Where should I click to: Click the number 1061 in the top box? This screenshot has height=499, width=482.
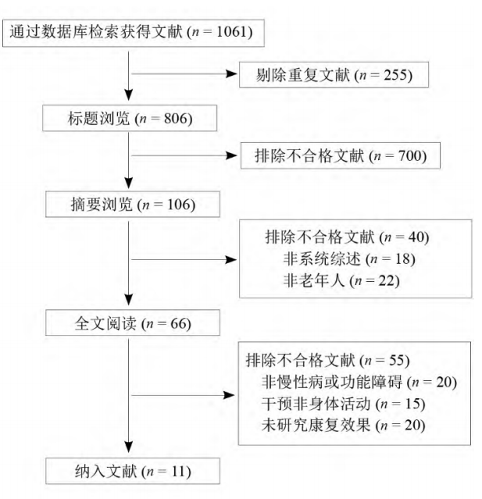click(232, 32)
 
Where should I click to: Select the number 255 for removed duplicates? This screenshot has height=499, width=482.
click(395, 75)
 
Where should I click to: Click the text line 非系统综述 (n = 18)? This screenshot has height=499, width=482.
click(349, 259)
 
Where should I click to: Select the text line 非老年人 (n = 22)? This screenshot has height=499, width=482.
click(341, 280)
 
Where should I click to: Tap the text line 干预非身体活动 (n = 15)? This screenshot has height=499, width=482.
click(343, 404)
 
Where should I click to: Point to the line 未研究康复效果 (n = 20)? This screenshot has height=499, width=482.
click(343, 425)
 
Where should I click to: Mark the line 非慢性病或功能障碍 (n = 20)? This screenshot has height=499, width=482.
click(359, 382)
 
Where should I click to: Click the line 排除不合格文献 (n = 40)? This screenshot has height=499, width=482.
click(347, 237)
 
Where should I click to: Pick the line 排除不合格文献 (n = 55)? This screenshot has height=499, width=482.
click(327, 361)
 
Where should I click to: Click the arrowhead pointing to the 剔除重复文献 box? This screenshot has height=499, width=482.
click(231, 74)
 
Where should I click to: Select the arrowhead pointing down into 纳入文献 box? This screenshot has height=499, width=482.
click(128, 447)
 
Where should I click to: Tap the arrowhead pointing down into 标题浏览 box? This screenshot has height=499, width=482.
click(128, 94)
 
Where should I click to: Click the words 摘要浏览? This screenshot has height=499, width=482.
click(102, 205)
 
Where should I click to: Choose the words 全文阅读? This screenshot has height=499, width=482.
click(105, 323)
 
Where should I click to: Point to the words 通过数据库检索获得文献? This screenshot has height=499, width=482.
click(96, 32)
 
